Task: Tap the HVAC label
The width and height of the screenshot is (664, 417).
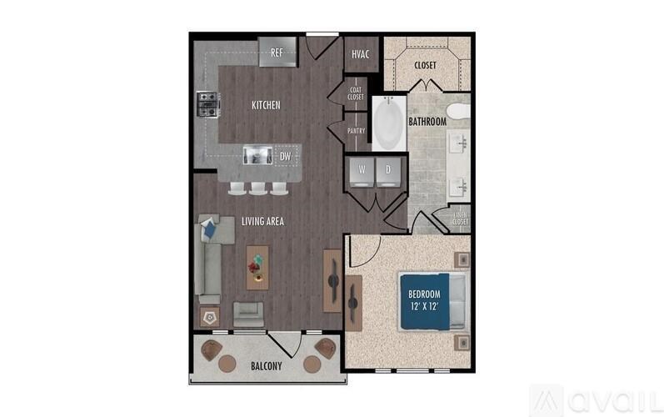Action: tap(361, 54)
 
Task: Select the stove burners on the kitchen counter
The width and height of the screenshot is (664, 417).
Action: tap(207, 104)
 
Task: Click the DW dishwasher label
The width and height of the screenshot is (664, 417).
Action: tap(285, 155)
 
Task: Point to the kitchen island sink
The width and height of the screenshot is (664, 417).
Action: tap(257, 154)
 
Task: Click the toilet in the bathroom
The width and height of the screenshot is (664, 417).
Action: tap(458, 111)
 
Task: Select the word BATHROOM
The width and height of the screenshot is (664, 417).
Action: tap(427, 122)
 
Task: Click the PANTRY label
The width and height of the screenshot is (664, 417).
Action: tap(357, 130)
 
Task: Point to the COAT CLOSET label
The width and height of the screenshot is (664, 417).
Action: tap(356, 93)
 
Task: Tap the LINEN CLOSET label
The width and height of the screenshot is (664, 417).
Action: tap(461, 219)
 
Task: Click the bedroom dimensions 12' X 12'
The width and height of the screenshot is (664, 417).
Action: tap(424, 306)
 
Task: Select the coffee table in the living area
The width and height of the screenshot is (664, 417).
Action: tap(257, 266)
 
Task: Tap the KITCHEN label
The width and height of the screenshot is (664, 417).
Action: tap(266, 106)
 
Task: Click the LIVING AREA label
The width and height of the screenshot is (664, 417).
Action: tap(262, 221)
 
